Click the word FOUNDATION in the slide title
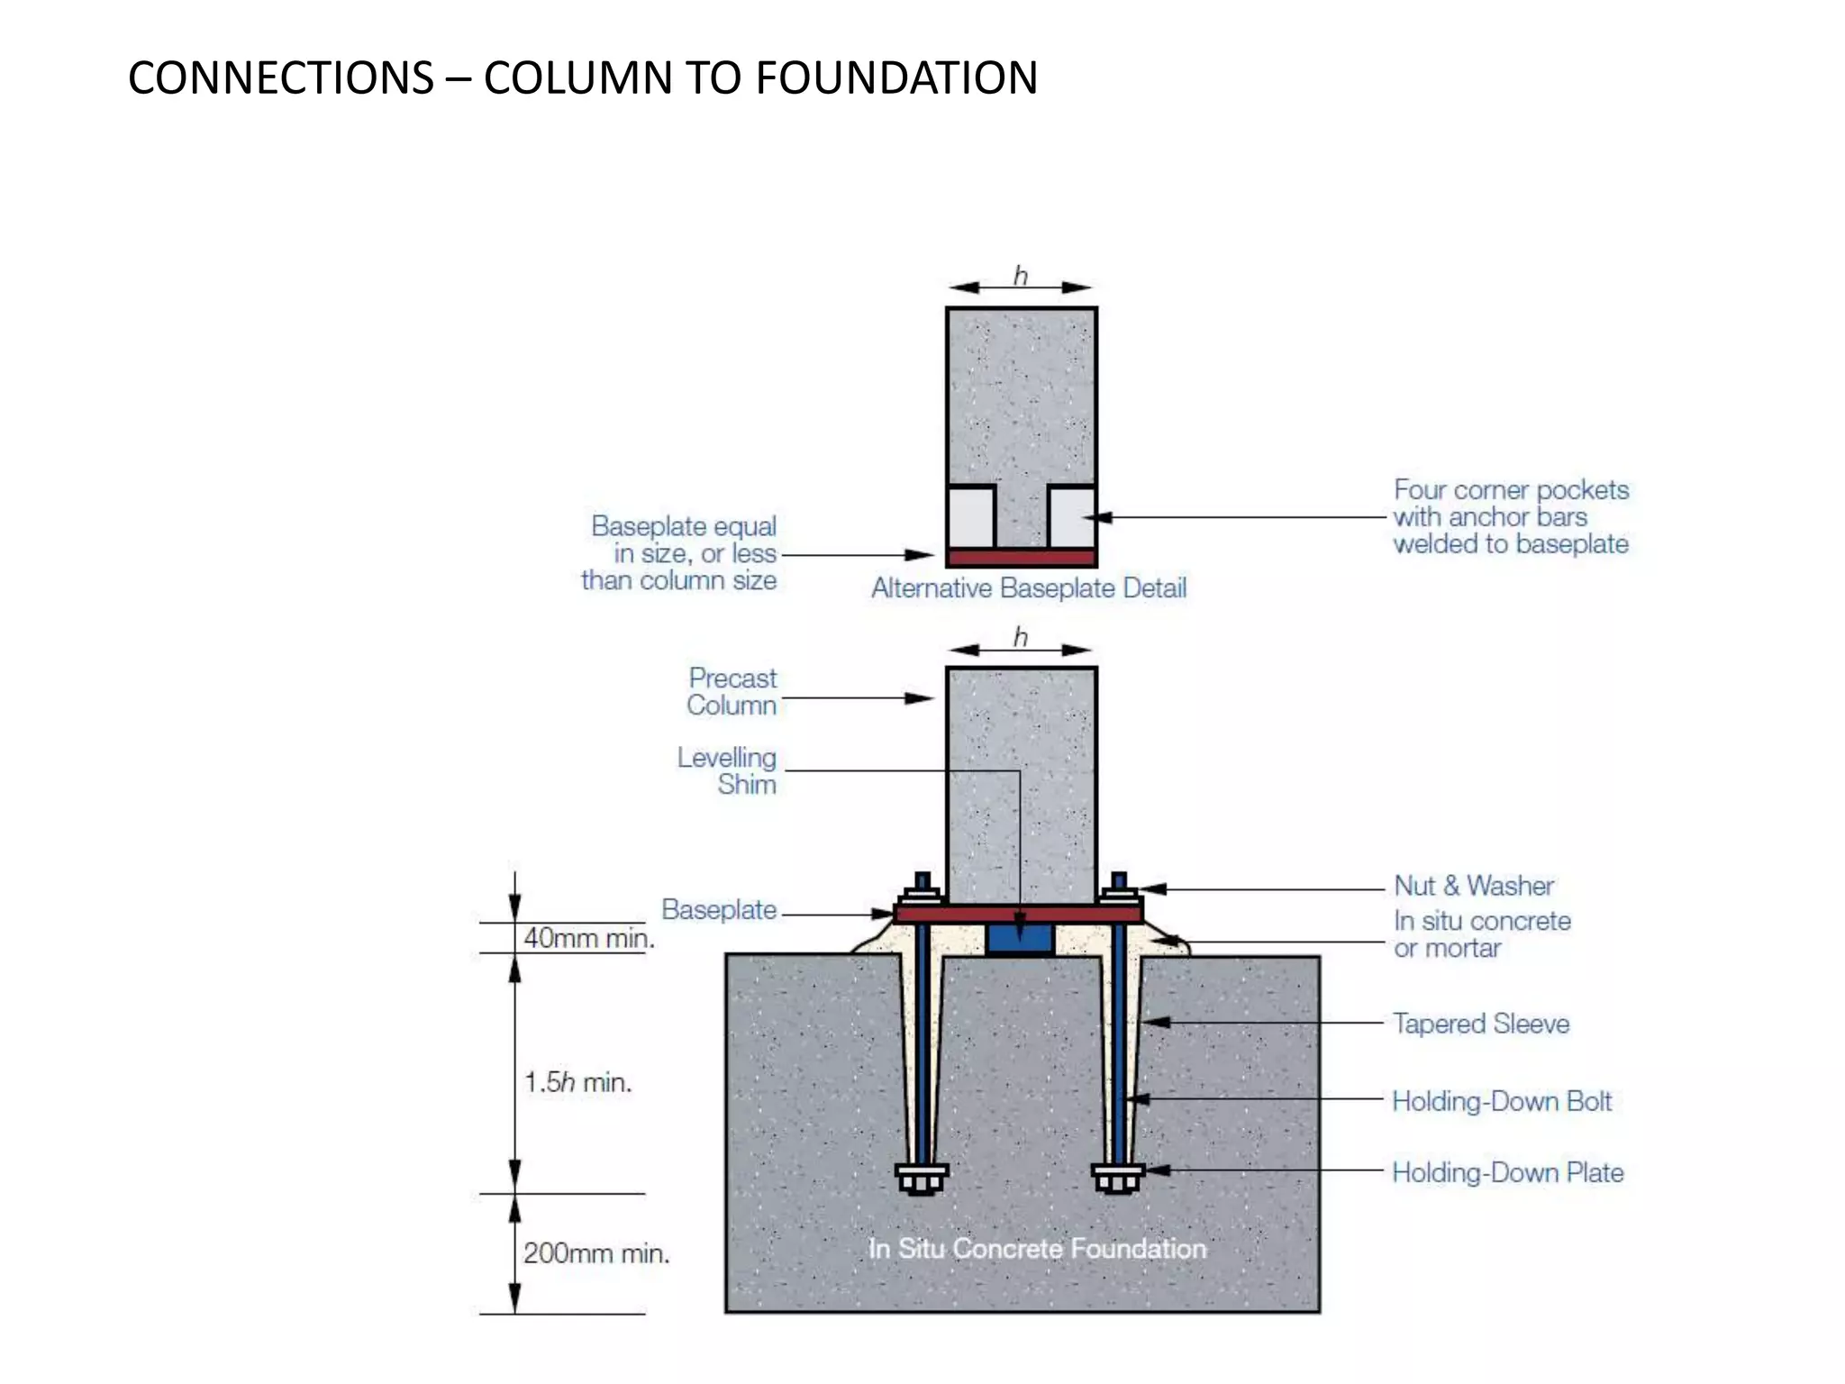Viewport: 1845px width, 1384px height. coord(895,77)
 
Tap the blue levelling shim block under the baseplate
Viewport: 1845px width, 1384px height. coord(1019,939)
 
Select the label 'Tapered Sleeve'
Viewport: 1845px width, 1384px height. coord(1480,1024)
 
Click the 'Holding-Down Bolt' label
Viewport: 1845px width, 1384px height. coord(1501,1101)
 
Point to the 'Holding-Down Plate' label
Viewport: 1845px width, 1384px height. coord(1507,1172)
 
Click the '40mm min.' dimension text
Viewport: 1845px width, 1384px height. coord(588,938)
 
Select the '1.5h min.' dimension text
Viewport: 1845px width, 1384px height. coord(577,1082)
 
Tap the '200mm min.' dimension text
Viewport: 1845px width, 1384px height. coord(595,1253)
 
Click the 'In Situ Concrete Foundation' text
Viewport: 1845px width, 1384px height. coord(1036,1249)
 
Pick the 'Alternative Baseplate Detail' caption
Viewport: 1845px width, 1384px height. coord(1028,588)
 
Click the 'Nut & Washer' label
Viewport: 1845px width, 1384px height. coord(1473,886)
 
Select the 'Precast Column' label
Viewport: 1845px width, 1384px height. coord(732,692)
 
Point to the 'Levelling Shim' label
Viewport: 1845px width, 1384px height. coord(727,771)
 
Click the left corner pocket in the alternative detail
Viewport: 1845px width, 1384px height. coord(971,516)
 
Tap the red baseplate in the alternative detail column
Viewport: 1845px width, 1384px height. coord(1021,558)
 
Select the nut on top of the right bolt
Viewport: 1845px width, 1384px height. coord(1119,898)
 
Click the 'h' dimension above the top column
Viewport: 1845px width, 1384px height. coord(1020,276)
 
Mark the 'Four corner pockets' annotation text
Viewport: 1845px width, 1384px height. coord(1510,517)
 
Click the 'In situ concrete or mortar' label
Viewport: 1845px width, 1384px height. coord(1481,934)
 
